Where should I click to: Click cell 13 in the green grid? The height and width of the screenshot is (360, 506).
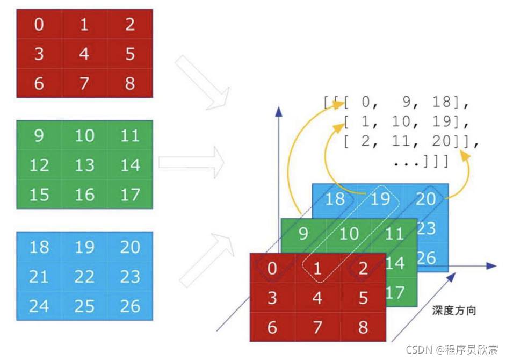click(84, 164)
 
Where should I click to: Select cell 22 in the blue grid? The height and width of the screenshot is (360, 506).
click(84, 276)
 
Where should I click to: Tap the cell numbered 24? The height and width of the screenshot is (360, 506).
click(39, 306)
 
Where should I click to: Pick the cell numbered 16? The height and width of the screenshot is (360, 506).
click(84, 194)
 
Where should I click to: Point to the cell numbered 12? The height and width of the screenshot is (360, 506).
click(39, 164)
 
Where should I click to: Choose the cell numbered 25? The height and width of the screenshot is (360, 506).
click(84, 306)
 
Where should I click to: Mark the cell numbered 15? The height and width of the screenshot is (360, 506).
click(39, 194)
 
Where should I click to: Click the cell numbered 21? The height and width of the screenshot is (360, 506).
click(39, 276)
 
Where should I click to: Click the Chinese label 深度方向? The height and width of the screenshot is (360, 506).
click(454, 311)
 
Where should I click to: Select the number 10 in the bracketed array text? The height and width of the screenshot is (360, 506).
click(401, 121)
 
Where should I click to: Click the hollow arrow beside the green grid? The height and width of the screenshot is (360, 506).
click(191, 162)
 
